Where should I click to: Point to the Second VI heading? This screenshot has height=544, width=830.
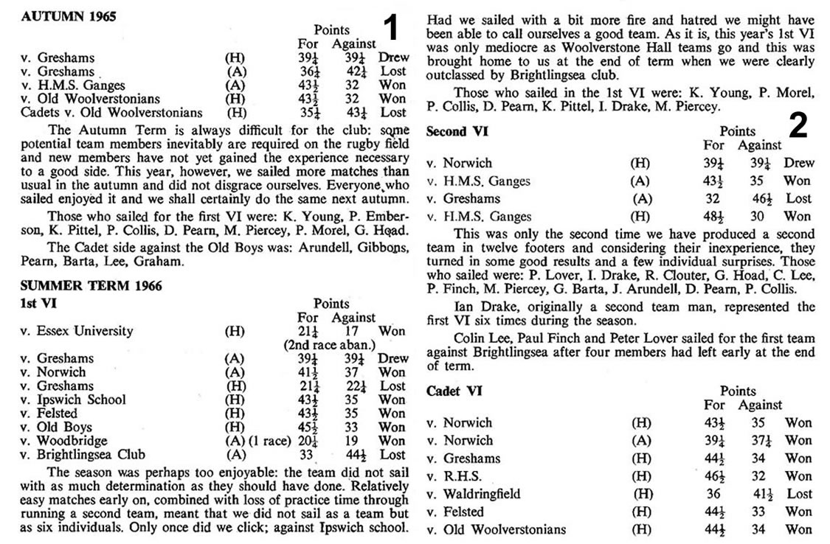point(457,132)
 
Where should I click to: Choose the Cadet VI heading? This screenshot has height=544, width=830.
point(454,391)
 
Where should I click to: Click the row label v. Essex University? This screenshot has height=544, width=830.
point(77,331)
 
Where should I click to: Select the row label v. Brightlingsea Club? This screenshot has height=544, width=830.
point(83,454)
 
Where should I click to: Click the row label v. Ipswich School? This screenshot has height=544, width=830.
point(73,400)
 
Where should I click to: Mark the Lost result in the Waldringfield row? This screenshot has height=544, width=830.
point(799,494)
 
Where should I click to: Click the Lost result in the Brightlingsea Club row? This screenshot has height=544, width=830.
point(392,454)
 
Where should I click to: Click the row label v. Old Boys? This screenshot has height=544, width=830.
point(57,427)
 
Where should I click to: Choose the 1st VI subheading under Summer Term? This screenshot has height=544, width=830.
point(37,302)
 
